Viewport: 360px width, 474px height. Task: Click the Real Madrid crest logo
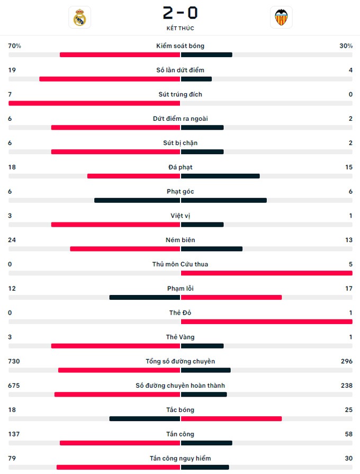[80, 17]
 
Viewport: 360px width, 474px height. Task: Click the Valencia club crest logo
[281, 17]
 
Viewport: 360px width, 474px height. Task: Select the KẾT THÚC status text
[180, 28]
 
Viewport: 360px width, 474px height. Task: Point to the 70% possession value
[14, 46]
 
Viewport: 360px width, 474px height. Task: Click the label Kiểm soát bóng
[180, 46]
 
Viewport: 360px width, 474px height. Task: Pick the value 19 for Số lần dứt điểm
[12, 70]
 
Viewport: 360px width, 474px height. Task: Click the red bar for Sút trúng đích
[94, 103]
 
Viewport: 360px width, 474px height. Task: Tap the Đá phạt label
[180, 167]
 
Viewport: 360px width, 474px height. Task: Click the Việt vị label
[180, 216]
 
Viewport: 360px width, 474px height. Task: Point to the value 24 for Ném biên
[12, 240]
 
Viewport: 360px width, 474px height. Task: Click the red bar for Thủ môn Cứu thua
[266, 273]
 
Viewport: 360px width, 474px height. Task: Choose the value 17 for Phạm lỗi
[348, 289]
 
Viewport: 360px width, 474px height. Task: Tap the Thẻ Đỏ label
[180, 313]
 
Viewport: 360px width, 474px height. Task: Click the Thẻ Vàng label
[180, 337]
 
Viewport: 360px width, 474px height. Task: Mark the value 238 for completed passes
[346, 386]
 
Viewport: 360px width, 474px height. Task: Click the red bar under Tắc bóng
[231, 419]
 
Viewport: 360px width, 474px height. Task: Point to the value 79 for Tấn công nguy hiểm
[12, 459]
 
